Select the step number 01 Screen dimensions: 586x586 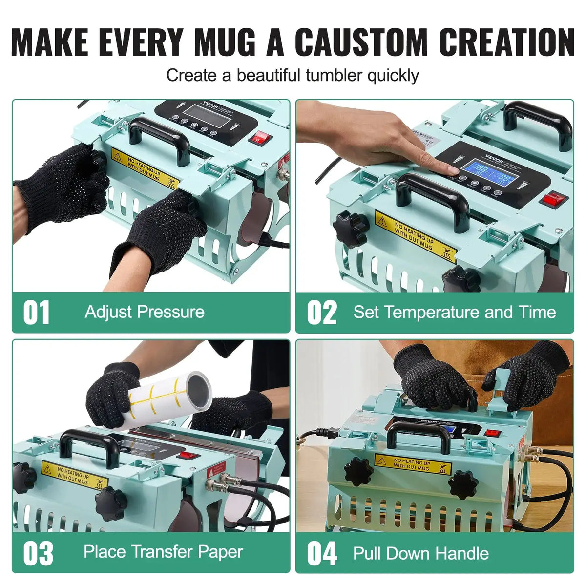point(36,313)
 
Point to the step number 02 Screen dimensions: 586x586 point(322,313)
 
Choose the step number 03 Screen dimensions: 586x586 point(38,553)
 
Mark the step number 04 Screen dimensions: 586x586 point(322,553)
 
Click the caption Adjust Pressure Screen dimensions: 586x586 point(145,312)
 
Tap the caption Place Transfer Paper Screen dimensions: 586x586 point(163,552)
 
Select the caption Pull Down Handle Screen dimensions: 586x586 point(421,553)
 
